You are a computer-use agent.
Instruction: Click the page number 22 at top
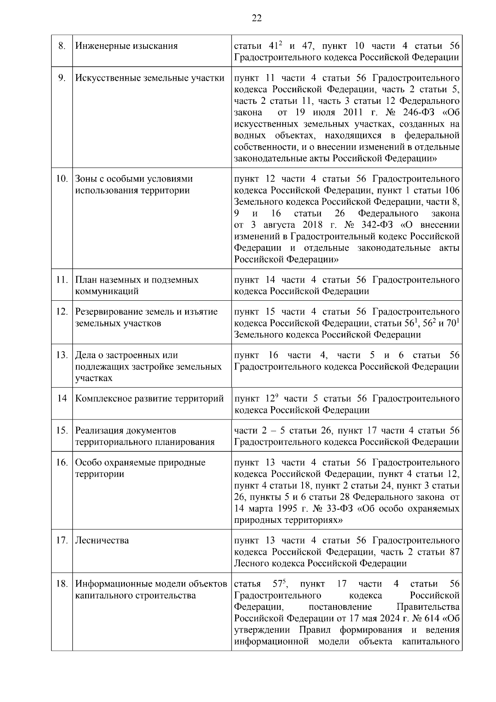256,17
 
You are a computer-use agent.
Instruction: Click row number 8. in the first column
62,46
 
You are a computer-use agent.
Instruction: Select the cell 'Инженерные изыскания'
126,46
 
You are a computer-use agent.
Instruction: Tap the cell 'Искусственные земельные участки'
150,78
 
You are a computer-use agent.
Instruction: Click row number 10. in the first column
62,179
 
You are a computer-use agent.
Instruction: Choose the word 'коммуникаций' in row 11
107,291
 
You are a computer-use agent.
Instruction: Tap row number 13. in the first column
62,355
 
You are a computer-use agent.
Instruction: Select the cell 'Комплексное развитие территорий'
150,398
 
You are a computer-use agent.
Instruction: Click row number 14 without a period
62,398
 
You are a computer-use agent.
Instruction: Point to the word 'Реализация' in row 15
99,430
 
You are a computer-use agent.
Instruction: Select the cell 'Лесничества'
102,540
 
